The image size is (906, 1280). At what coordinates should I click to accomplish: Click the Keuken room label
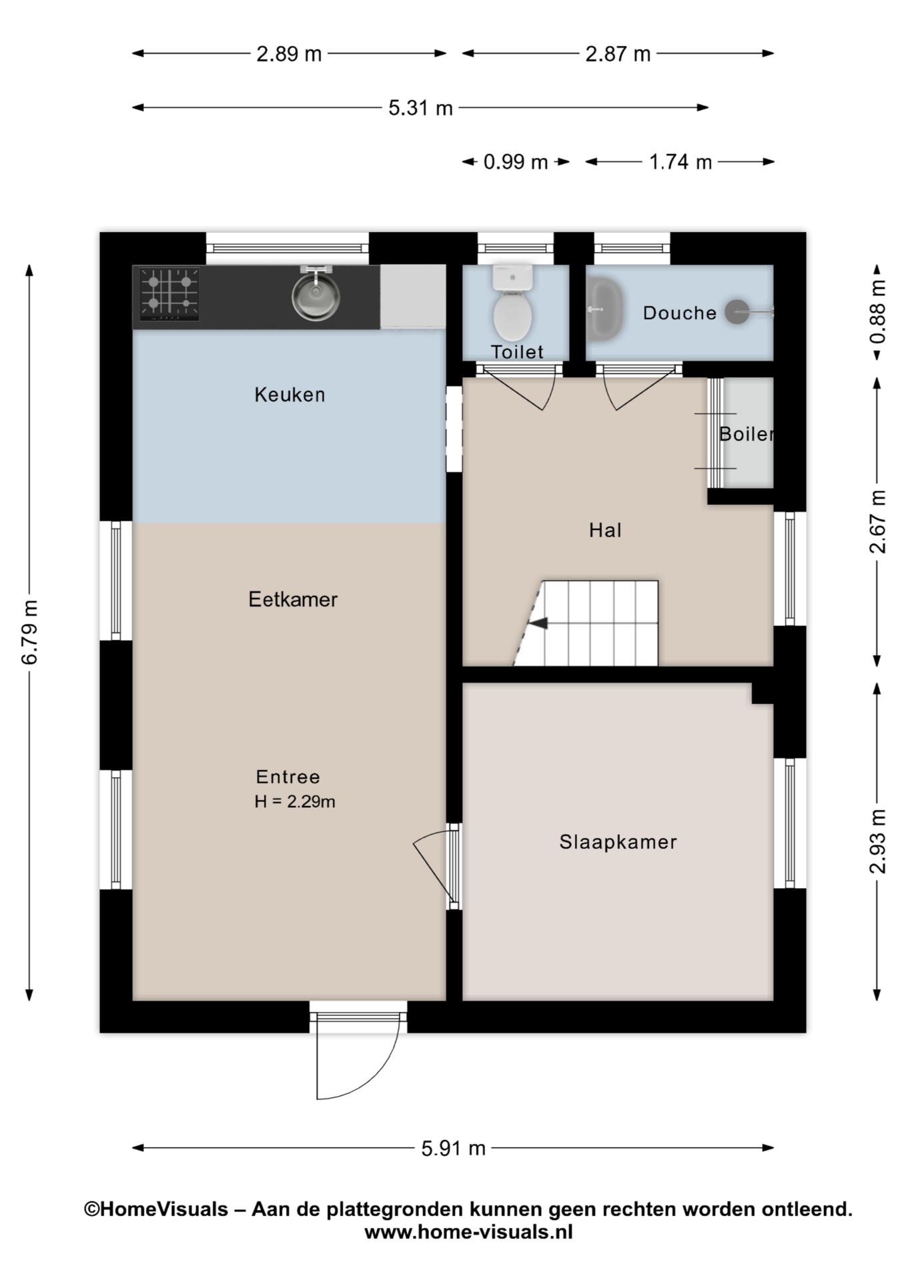click(290, 395)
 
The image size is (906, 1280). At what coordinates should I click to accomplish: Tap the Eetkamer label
click(293, 599)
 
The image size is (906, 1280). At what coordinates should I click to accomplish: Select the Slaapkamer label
click(618, 842)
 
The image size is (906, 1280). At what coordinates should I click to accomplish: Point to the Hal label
click(605, 530)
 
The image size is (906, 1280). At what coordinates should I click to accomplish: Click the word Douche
click(679, 313)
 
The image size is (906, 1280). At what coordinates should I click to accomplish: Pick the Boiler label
click(746, 434)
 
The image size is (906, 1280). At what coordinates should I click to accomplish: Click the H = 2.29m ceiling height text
click(294, 801)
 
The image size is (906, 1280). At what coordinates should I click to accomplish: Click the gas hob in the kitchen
click(169, 294)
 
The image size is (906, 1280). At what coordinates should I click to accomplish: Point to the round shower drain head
click(737, 311)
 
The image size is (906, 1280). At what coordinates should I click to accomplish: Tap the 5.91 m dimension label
click(453, 1148)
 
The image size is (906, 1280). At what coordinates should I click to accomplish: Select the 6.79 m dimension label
click(31, 632)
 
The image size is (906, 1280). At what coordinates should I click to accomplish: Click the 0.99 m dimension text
click(515, 162)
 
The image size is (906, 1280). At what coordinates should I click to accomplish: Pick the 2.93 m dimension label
click(878, 841)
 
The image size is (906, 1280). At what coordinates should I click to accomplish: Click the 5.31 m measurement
click(420, 108)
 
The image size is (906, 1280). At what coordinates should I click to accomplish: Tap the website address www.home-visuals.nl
click(468, 1231)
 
